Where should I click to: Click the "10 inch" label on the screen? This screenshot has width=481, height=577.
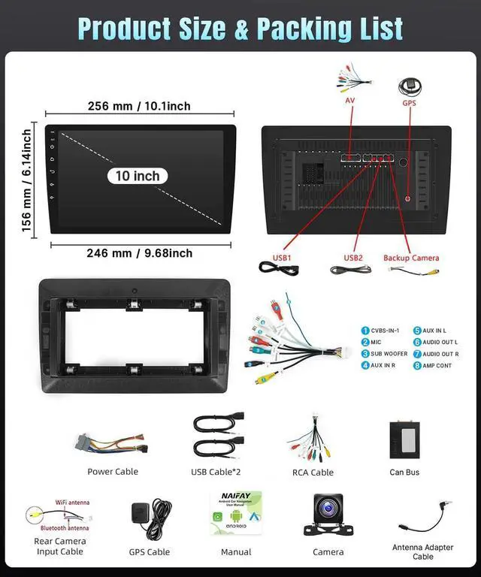coord(138,176)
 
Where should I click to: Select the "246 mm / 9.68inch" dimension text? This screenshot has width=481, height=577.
coord(139,253)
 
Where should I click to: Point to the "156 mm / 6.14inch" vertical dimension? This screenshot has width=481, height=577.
coord(26,180)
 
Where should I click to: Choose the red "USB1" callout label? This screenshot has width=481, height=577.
coord(282,258)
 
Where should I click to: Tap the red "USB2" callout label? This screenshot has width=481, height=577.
coord(353,258)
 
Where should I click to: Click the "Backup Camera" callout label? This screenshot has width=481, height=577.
coord(411,258)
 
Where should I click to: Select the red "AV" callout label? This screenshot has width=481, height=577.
coord(350,101)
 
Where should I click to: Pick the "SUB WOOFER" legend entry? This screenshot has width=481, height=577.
coord(389,354)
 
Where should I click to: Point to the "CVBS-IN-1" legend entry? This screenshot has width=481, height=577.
coord(384,331)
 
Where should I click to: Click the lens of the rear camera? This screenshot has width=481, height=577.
coord(328,510)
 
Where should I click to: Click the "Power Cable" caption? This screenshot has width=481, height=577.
coord(113,472)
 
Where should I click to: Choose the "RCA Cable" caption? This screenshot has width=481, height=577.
coord(313,473)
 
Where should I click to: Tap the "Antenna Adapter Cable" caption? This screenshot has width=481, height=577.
coord(423,552)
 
